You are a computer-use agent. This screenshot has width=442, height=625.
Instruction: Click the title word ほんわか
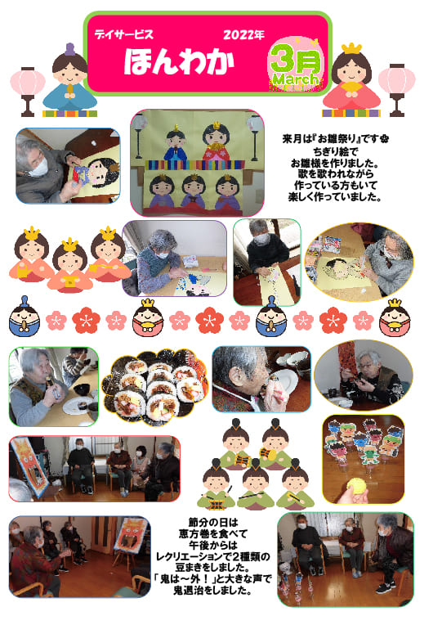click(x=179, y=62)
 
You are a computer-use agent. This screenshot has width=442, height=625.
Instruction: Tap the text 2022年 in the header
click(x=243, y=34)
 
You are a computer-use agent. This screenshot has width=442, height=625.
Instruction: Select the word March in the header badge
click(x=296, y=79)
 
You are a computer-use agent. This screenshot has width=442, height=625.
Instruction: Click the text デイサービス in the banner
click(x=123, y=34)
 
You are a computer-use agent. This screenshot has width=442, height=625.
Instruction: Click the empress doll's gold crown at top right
click(x=351, y=48)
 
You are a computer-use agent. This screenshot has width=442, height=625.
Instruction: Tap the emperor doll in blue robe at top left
click(x=70, y=79)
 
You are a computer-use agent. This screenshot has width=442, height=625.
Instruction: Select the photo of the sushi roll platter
click(x=155, y=387)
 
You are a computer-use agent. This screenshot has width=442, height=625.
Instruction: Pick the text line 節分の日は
click(x=213, y=522)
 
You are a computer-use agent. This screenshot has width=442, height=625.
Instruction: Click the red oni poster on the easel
click(x=132, y=536)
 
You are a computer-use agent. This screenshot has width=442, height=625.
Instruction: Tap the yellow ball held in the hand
click(x=355, y=486)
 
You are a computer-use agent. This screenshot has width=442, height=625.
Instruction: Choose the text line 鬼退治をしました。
click(x=213, y=591)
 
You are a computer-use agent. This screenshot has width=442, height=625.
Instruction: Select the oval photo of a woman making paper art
click(x=359, y=262)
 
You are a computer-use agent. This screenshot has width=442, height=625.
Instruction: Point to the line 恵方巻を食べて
click(x=213, y=533)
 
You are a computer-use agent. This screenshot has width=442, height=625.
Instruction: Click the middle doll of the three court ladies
click(x=70, y=264)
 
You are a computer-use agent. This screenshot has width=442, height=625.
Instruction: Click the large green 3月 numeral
click(x=296, y=60)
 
